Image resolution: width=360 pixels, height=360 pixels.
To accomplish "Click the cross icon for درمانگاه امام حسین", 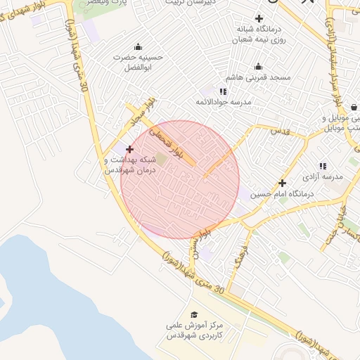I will click(283, 182).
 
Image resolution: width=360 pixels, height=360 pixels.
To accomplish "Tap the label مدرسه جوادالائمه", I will click(224, 102).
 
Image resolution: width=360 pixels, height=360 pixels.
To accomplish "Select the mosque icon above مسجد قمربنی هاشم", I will click(259, 67).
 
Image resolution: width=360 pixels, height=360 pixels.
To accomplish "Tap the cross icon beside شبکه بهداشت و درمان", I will click(129, 149).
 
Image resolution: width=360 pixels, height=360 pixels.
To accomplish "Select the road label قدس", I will click(280, 131).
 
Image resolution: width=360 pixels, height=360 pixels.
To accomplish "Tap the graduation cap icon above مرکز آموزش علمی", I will click(193, 315).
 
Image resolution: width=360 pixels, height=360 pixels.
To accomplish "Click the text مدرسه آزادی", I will click(326, 176).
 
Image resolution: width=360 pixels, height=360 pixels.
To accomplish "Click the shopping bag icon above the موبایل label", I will click(354, 107).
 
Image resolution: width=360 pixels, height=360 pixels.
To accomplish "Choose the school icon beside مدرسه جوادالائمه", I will click(224, 91).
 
